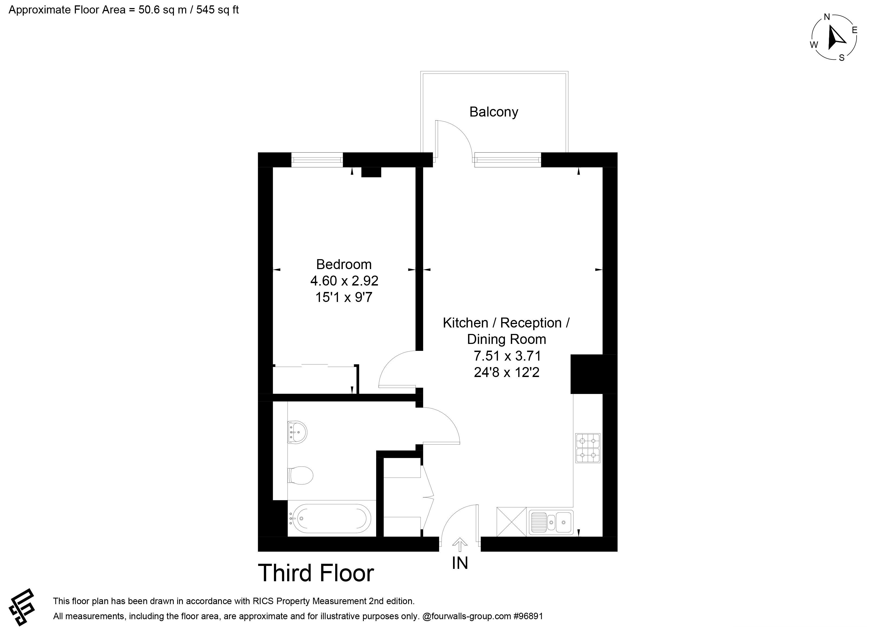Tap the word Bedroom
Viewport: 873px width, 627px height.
[x=344, y=264]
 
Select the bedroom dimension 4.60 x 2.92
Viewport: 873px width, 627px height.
[x=344, y=281]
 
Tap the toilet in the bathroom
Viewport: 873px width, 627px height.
[x=300, y=475]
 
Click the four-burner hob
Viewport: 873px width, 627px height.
[x=588, y=448]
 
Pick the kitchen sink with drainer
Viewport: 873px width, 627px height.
[x=551, y=523]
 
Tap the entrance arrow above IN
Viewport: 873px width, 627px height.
[x=459, y=546]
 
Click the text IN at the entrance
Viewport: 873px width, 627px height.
[x=460, y=563]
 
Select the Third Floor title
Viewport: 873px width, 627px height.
[x=316, y=573]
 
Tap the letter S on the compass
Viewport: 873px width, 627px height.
[x=842, y=58]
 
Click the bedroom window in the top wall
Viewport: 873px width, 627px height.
[x=317, y=160]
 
